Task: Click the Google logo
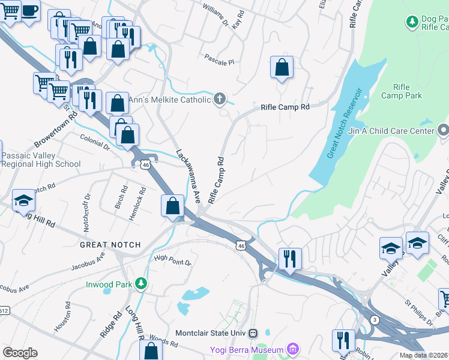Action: click(x=20, y=353)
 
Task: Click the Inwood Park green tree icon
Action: click(x=141, y=283)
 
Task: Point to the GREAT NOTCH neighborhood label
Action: click(x=110, y=245)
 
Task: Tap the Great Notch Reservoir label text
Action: click(x=345, y=123)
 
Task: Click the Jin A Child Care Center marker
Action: click(x=443, y=130)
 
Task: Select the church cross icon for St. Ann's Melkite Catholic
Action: click(x=220, y=99)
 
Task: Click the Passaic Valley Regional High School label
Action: click(x=41, y=160)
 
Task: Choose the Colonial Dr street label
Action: click(x=95, y=141)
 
